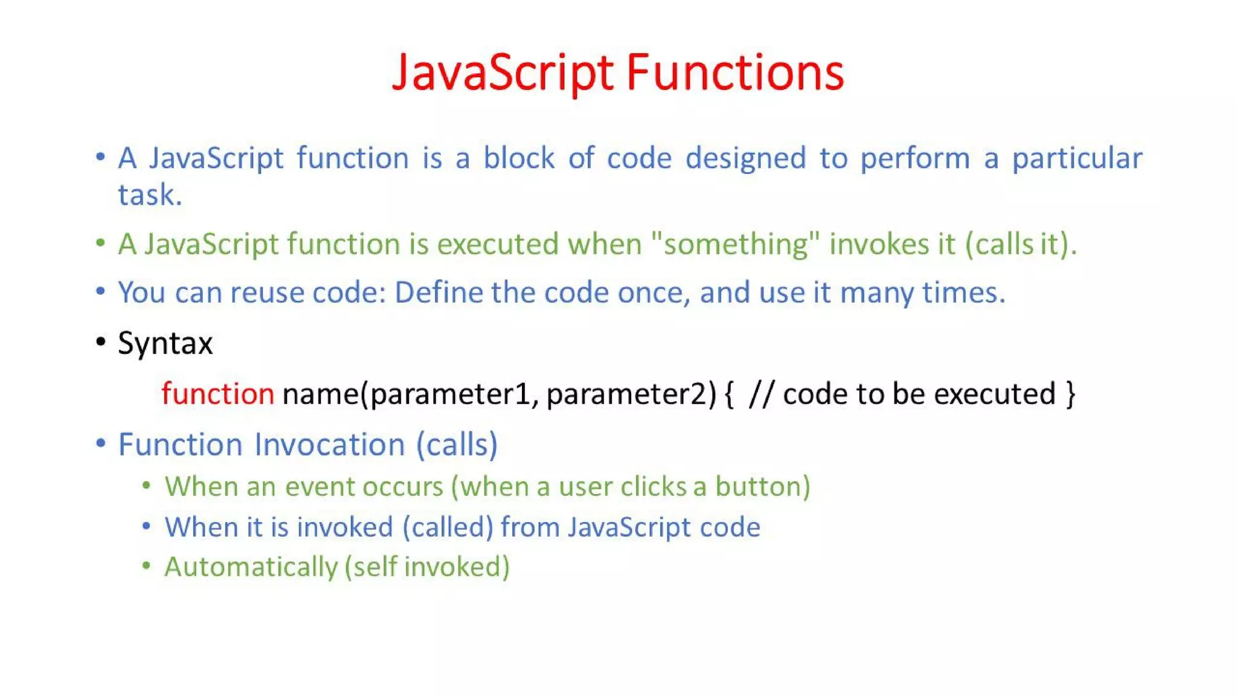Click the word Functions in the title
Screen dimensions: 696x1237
(734, 72)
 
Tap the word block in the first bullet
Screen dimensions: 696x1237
(518, 158)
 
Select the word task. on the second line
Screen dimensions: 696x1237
(150, 195)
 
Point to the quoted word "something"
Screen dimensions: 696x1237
(735, 245)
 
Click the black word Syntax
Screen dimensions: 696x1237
(165, 344)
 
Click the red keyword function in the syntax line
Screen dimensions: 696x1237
(217, 394)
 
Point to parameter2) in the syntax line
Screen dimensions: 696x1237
(631, 395)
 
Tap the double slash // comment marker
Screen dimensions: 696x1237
(760, 395)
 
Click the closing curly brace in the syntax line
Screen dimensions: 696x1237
(1070, 395)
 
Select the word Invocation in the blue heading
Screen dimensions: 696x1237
(329, 445)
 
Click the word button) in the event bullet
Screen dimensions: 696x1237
(762, 487)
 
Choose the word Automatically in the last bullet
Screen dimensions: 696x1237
(251, 567)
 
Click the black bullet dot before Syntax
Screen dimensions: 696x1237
(101, 343)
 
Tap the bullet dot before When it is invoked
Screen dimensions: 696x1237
(146, 526)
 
